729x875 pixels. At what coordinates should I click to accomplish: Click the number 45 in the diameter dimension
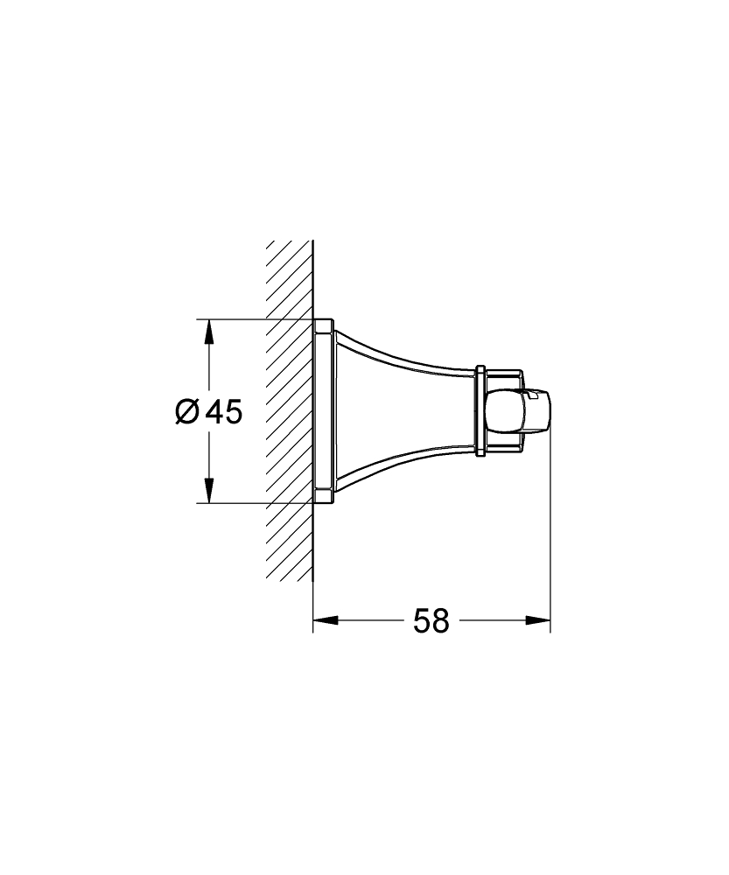pos(223,411)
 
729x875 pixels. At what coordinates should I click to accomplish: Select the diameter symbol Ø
pos(187,411)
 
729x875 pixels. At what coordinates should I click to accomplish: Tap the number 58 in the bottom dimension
pos(431,621)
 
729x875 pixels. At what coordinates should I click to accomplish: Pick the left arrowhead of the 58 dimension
pos(325,621)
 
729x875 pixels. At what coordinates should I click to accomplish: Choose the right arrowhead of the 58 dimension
pos(538,621)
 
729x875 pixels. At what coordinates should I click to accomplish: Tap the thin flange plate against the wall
pos(323,411)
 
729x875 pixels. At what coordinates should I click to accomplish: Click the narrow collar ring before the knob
pos(480,411)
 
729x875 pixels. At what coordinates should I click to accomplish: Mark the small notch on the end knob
pos(531,397)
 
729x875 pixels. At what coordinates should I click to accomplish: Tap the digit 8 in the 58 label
pos(440,621)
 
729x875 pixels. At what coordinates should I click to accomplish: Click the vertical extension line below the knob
pos(550,542)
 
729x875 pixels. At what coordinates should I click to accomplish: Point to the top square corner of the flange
pos(326,322)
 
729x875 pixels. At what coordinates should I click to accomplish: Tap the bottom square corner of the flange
pos(326,500)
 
